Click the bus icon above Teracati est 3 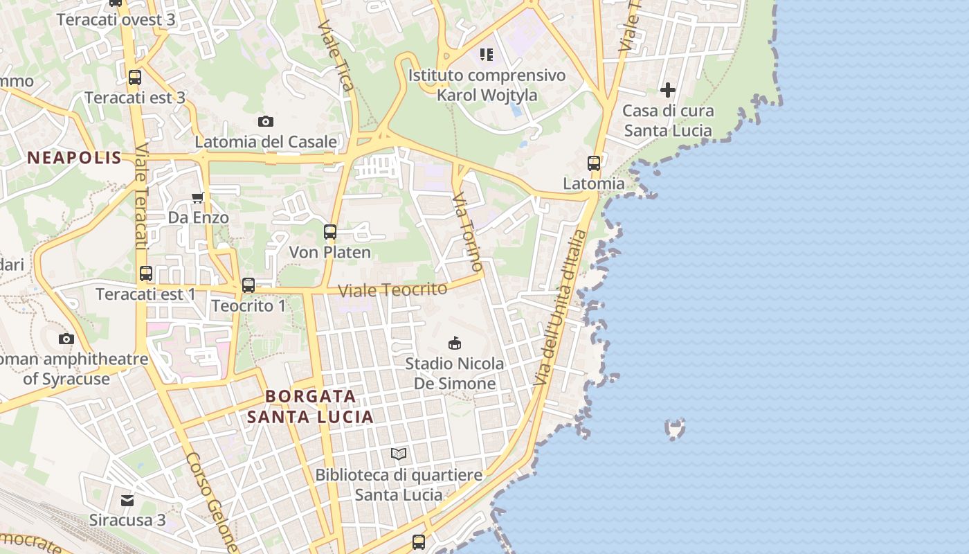tap(135, 78)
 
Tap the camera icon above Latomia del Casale tap(265, 122)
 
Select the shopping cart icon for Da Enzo tap(198, 198)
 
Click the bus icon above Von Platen tap(330, 232)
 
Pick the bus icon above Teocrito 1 tap(248, 285)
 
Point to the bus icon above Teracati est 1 tap(145, 274)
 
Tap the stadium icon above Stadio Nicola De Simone tap(455, 343)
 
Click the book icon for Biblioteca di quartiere tap(398, 454)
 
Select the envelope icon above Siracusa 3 tap(127, 500)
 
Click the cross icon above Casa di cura tap(667, 90)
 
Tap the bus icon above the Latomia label tap(594, 163)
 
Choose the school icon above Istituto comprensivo tap(487, 54)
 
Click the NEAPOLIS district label tap(74, 158)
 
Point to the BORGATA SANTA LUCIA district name tap(311, 406)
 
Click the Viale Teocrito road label tap(392, 290)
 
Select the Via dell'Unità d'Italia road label tap(560, 309)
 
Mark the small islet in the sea tap(675, 429)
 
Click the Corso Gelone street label tap(212, 503)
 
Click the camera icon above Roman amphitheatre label tap(66, 339)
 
